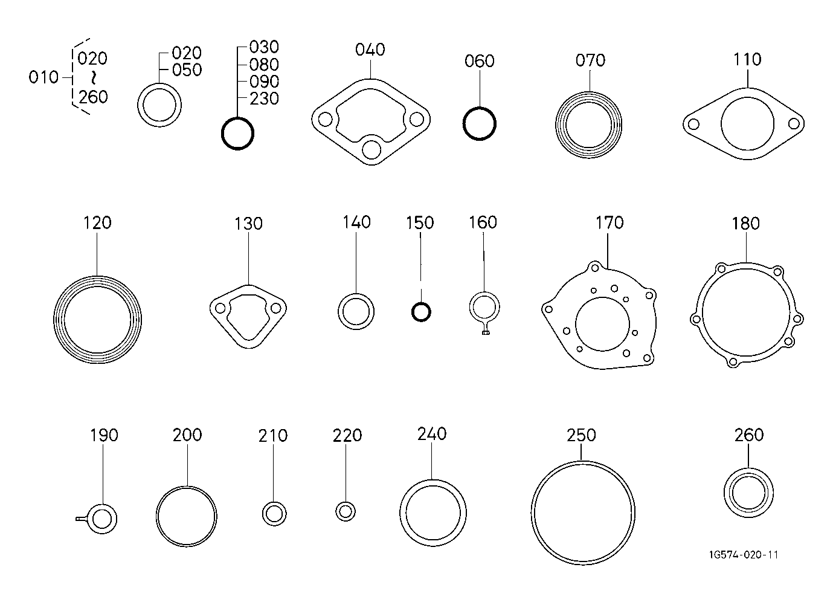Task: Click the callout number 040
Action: click(370, 50)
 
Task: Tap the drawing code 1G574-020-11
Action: click(744, 555)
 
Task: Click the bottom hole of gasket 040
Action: click(371, 149)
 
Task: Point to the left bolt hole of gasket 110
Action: click(693, 125)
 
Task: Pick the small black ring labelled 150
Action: click(420, 312)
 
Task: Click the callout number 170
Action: click(609, 222)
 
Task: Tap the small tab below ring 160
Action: click(484, 330)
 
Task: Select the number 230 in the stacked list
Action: click(264, 99)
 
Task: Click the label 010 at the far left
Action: click(43, 77)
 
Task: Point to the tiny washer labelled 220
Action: click(346, 511)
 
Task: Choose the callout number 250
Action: click(581, 435)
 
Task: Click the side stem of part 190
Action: click(82, 518)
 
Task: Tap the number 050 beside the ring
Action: click(187, 70)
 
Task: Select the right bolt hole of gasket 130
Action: click(276, 308)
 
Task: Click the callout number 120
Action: click(97, 222)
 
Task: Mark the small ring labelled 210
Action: click(274, 514)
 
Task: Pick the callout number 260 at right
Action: click(749, 435)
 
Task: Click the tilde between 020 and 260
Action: click(94, 77)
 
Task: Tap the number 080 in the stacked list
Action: click(264, 65)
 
